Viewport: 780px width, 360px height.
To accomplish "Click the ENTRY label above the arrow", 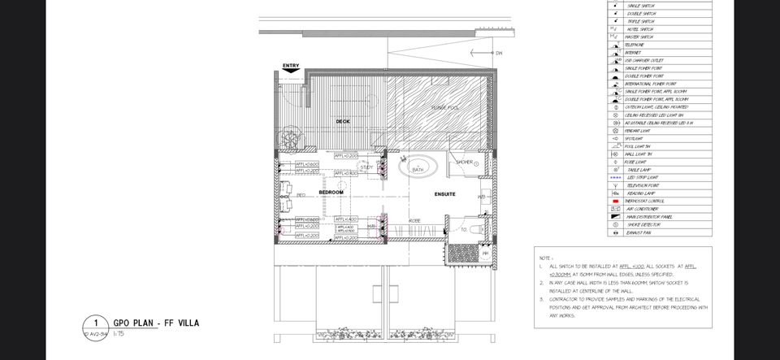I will pos(291,66).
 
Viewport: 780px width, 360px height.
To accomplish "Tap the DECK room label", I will pos(343,122).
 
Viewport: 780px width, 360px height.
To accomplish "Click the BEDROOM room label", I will pos(331,193).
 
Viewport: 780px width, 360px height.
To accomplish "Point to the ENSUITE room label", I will pos(444,194).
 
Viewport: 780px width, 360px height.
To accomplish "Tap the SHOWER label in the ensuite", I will pos(464,163).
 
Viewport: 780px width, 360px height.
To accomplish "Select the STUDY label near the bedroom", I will pos(366,167).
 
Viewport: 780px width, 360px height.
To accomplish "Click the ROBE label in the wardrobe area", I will pos(414,219).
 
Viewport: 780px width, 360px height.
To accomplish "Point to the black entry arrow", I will pos(290,72).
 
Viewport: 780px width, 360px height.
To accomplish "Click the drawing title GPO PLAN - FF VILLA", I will pos(156,323).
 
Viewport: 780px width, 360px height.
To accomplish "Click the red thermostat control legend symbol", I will pos(615,201).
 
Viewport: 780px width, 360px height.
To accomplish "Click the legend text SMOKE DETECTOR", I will pos(643,224).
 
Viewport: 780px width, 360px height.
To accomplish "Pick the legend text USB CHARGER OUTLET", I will pos(646,60).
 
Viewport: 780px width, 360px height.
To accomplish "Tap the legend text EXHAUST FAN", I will pos(638,232).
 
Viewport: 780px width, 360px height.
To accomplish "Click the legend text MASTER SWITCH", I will pos(639,37).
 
